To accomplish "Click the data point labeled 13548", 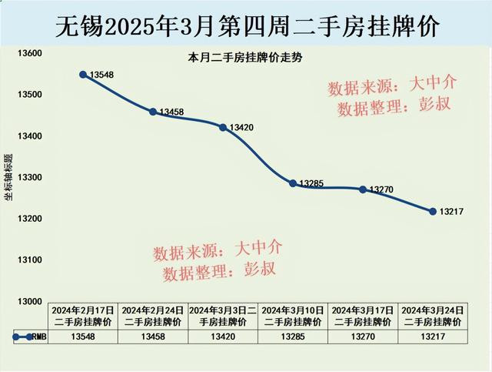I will pyautogui.click(x=83, y=75).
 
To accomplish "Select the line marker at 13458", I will pyautogui.click(x=152, y=112).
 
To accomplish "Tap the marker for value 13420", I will pyautogui.click(x=223, y=127).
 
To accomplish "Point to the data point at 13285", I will pyautogui.click(x=293, y=183).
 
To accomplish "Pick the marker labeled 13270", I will pyautogui.click(x=363, y=189).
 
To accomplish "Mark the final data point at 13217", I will pyautogui.click(x=432, y=211).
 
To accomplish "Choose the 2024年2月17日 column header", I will pyautogui.click(x=83, y=315).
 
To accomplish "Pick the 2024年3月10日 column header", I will pyautogui.click(x=293, y=315).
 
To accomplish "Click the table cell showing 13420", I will pyautogui.click(x=223, y=337).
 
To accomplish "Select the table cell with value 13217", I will pyautogui.click(x=432, y=337).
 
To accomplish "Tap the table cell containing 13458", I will pyautogui.click(x=152, y=337).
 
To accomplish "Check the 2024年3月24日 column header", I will pyautogui.click(x=432, y=315).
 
